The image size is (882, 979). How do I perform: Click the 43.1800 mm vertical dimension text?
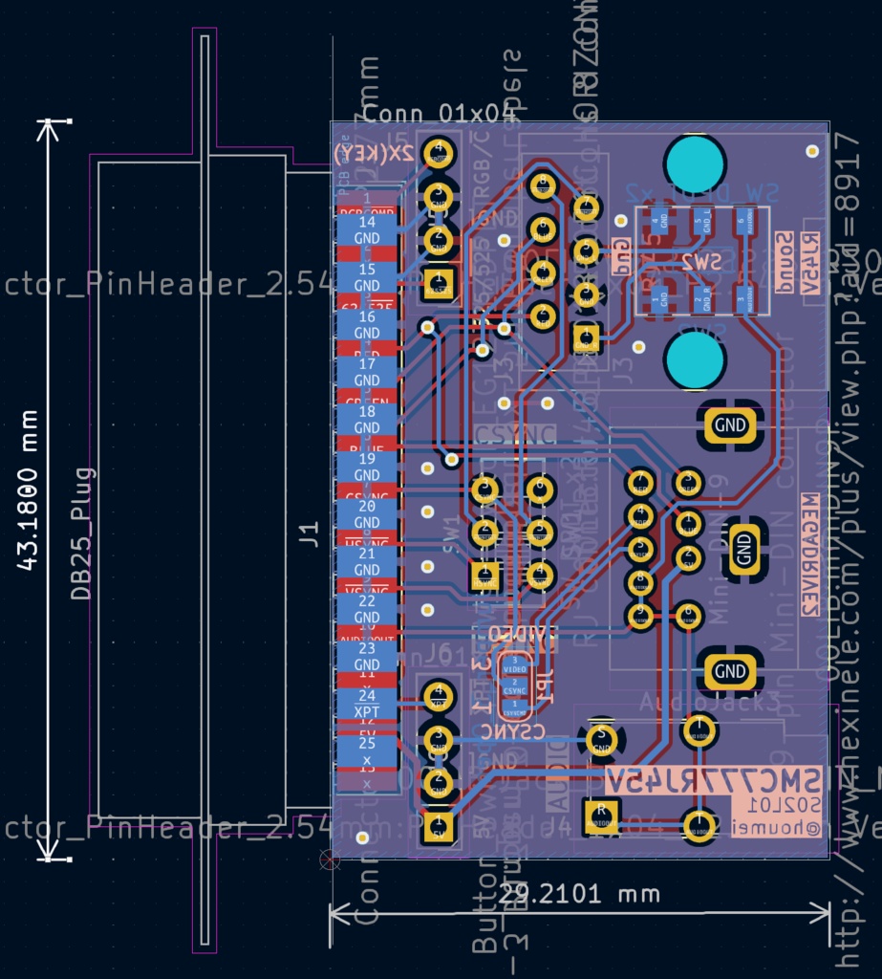click(x=29, y=490)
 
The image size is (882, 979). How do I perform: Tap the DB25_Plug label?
click(x=84, y=533)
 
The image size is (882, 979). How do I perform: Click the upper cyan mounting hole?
click(x=695, y=164)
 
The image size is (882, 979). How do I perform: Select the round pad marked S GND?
click(x=601, y=738)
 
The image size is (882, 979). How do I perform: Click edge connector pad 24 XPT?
click(x=367, y=704)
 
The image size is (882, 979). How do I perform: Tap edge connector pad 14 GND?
click(x=367, y=230)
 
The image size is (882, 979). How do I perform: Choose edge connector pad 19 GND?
click(x=367, y=467)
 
